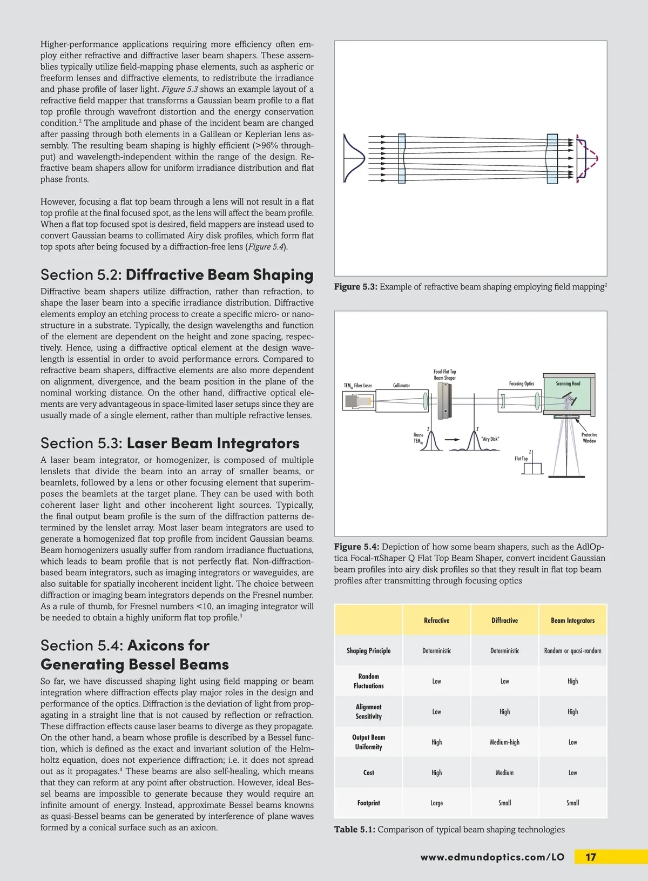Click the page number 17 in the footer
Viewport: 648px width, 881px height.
coord(591,857)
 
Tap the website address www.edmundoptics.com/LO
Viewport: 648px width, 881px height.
coord(492,857)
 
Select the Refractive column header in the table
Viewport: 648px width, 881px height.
coord(436,621)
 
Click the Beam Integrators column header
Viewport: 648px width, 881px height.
coord(572,621)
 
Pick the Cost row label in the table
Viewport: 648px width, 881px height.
coord(368,773)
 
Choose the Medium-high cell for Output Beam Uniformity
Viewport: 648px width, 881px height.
coord(504,742)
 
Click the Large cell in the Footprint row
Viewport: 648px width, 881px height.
coord(436,803)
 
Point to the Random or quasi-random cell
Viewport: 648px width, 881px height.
coord(572,651)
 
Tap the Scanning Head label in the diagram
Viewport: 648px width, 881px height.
coord(568,384)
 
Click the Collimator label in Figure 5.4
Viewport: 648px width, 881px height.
coord(401,386)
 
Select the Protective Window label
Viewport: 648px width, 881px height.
coord(589,438)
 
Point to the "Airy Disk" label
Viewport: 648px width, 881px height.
coord(490,439)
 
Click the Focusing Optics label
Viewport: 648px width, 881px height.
coord(521,384)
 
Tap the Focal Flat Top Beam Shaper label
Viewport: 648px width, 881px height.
coord(444,374)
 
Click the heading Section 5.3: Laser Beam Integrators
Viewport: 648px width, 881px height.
coord(170,443)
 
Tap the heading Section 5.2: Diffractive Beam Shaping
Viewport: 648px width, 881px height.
coord(177,274)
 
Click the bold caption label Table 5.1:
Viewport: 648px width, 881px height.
coord(354,829)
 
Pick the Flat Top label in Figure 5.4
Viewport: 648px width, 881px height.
coord(521,459)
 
